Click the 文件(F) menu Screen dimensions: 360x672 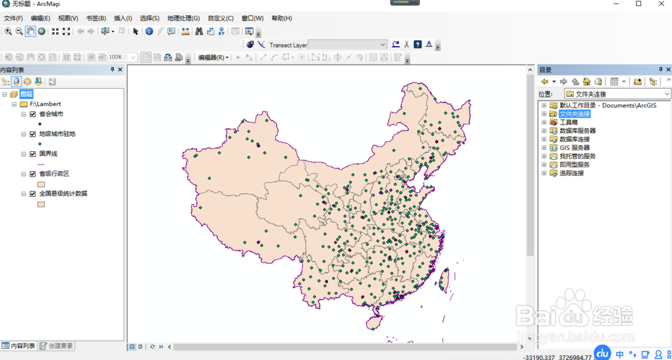[x=13, y=18]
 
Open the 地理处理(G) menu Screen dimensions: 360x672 [x=183, y=18]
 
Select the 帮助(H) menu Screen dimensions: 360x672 [x=282, y=18]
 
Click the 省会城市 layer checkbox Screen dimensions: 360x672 [x=32, y=114]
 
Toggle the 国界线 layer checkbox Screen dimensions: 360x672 [x=32, y=154]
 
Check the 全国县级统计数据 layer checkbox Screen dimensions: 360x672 [x=32, y=193]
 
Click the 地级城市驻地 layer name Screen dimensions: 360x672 [x=57, y=134]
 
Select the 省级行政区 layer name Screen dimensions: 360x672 [x=54, y=173]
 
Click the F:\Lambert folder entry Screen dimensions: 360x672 [x=45, y=104]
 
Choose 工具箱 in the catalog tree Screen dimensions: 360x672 [x=569, y=122]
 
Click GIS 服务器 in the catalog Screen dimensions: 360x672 [x=575, y=148]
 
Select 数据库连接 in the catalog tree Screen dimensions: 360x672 [x=575, y=139]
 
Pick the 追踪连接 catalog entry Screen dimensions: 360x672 [x=572, y=173]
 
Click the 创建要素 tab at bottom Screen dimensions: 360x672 [x=56, y=346]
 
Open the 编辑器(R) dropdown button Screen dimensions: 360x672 [x=213, y=58]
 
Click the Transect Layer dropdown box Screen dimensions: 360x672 [x=347, y=45]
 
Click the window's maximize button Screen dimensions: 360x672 [x=638, y=4]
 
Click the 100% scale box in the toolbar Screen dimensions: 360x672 [x=122, y=58]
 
